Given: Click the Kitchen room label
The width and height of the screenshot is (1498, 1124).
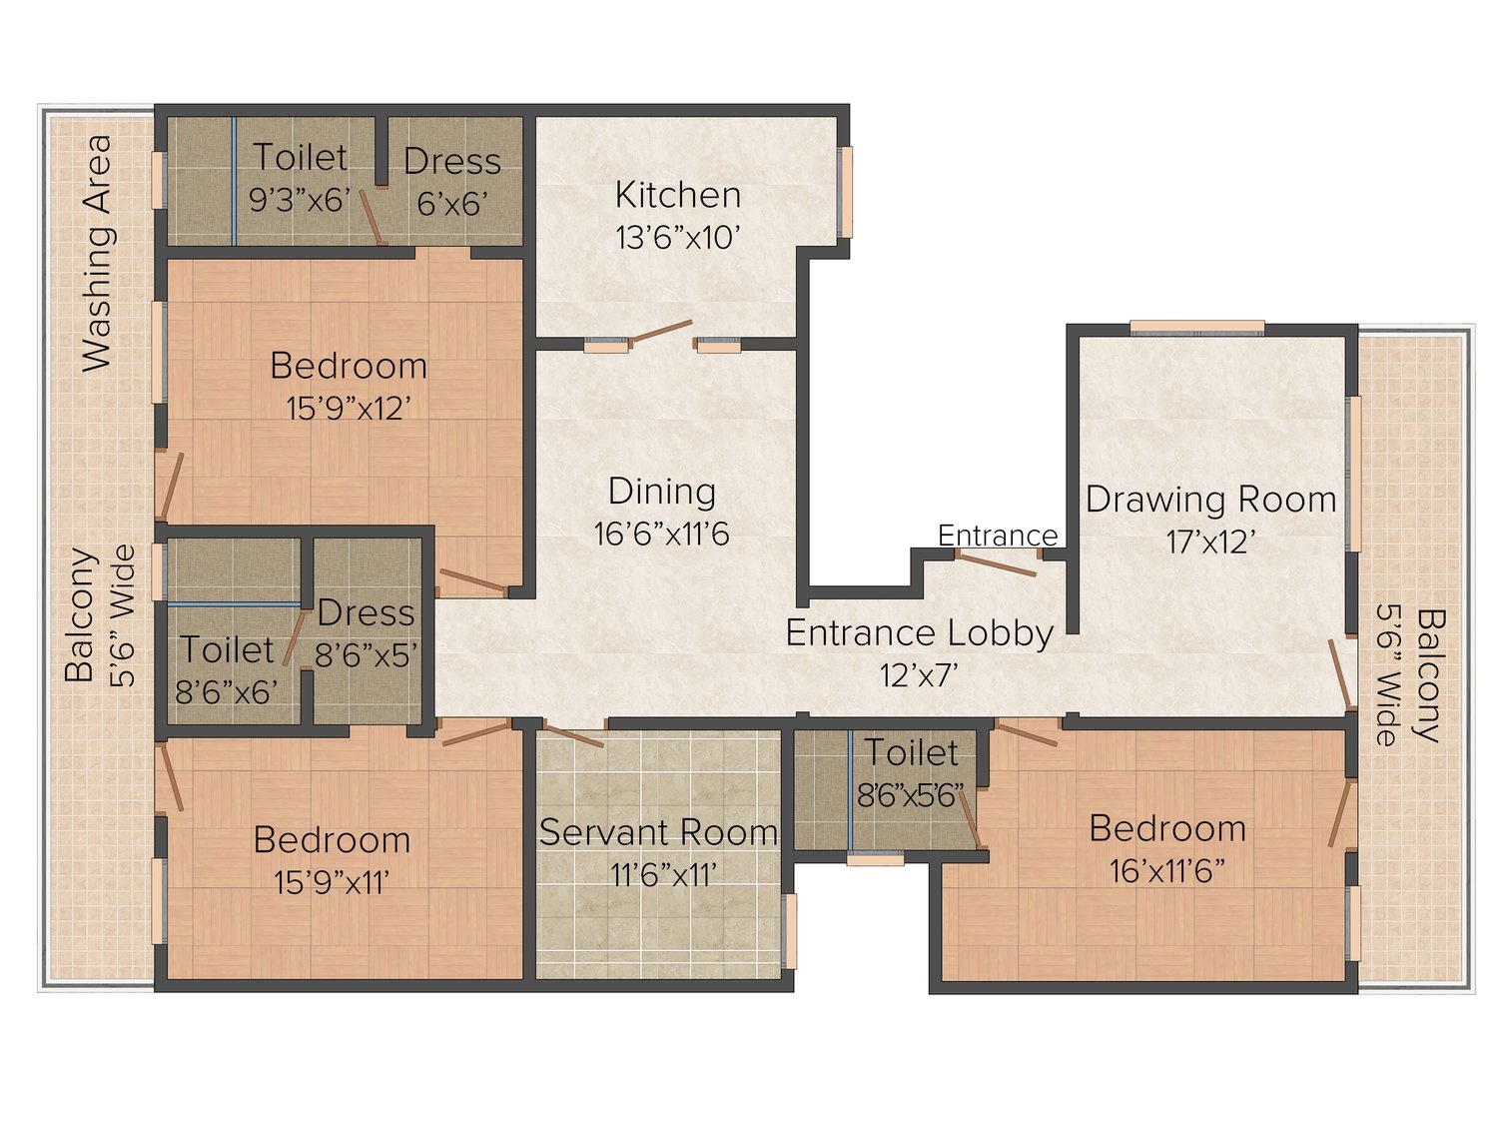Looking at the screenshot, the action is tap(678, 195).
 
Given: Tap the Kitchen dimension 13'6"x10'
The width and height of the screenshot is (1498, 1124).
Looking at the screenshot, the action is tap(678, 238).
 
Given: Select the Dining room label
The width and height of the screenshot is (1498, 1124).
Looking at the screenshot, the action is tap(661, 493).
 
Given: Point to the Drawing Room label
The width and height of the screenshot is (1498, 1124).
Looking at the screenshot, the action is tap(1210, 500).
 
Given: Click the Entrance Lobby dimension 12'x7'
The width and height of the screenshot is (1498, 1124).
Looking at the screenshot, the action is tap(920, 676).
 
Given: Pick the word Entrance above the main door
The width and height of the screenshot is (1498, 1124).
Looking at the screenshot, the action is tap(998, 536).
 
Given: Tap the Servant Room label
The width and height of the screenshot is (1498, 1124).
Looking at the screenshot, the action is tap(658, 832).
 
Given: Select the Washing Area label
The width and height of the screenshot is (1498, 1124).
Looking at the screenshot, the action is tap(97, 253).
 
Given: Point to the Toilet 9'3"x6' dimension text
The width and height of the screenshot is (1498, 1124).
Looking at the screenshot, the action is tap(300, 201).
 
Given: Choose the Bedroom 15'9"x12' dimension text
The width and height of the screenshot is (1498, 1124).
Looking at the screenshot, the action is tap(349, 409).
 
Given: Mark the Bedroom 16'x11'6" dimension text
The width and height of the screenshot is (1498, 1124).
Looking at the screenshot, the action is tap(1167, 871).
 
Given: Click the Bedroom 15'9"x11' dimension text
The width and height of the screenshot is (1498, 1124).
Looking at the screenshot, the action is tap(332, 882).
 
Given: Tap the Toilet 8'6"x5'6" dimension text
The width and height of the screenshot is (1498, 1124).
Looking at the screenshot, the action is tap(911, 795).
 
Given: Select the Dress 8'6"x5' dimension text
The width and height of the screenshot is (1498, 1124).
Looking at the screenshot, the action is tap(366, 655).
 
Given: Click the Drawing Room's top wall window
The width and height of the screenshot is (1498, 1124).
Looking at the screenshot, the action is tap(1197, 329).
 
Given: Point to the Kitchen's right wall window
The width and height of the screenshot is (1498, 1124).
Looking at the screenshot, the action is tap(846, 192).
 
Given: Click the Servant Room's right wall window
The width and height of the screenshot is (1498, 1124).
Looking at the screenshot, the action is tap(790, 931).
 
